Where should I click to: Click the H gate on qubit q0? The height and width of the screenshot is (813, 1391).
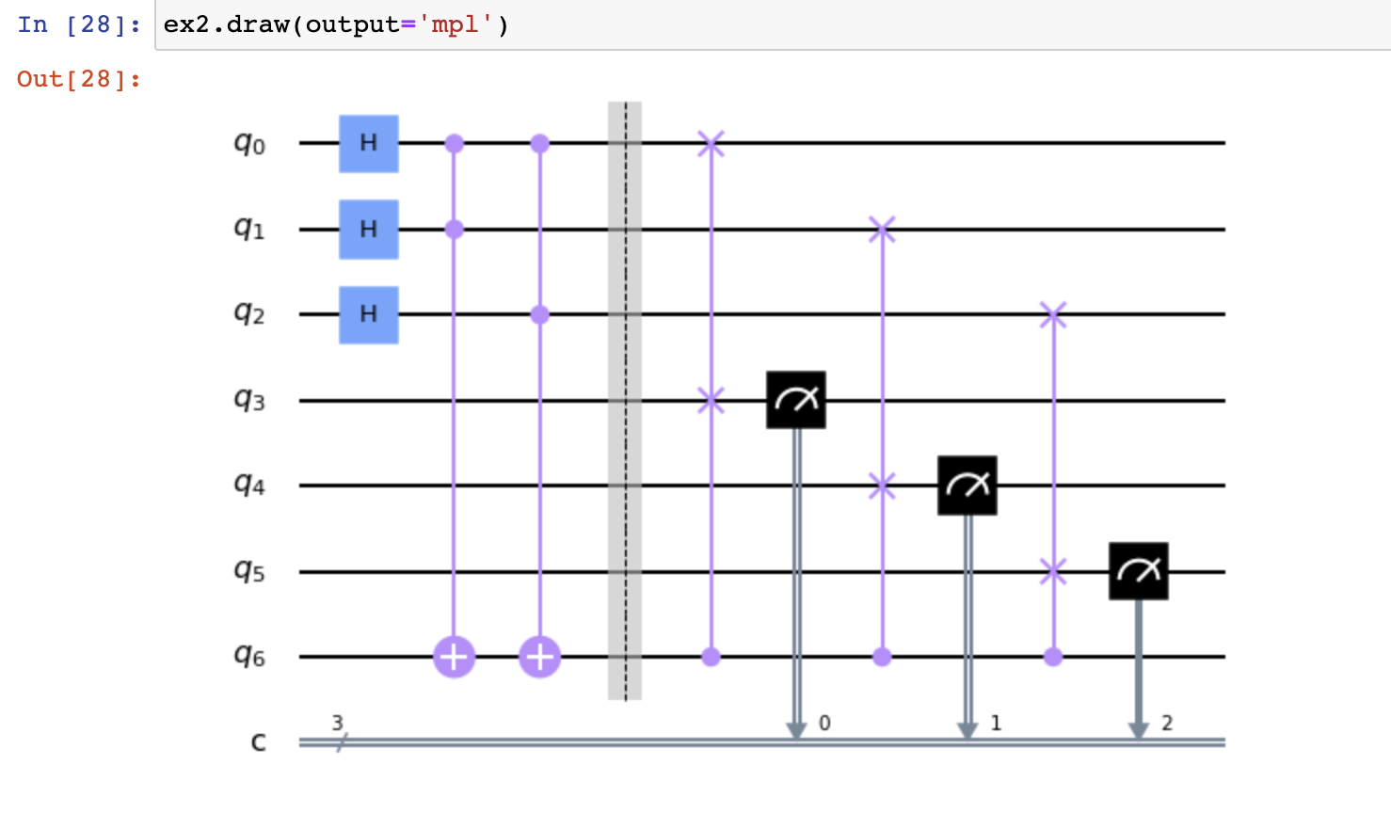(369, 143)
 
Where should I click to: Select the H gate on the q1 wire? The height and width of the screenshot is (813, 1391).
(369, 229)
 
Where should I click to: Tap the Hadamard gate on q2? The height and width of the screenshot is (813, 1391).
(369, 314)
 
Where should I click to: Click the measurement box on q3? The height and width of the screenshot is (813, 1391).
(796, 400)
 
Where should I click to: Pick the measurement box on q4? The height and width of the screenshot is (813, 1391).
(967, 486)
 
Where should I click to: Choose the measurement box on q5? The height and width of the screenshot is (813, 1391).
(1139, 571)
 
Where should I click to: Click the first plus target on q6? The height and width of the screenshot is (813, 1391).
(455, 657)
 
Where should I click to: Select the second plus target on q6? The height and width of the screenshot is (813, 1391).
(540, 657)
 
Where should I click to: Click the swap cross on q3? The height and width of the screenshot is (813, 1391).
(711, 400)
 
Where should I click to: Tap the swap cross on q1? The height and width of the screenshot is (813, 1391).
(882, 229)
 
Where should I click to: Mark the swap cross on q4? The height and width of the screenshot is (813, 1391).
(882, 486)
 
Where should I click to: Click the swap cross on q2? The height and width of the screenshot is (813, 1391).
(1053, 314)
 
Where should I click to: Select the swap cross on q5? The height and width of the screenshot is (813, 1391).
(1053, 571)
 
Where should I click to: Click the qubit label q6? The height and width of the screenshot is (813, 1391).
(249, 655)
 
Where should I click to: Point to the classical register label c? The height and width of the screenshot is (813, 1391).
(258, 742)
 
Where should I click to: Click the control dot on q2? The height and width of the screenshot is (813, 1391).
(540, 314)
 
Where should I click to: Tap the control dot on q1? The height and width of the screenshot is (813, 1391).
(455, 229)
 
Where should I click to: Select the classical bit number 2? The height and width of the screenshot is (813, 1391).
(1167, 723)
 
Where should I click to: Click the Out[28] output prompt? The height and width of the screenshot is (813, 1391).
(79, 79)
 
